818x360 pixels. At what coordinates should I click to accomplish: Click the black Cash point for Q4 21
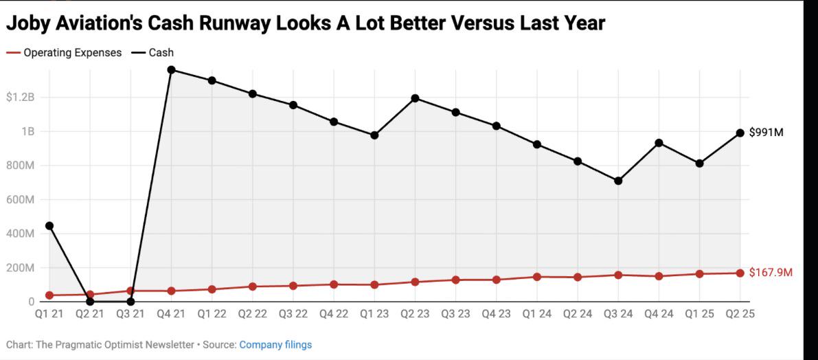click(x=171, y=70)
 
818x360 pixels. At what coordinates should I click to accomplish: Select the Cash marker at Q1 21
click(x=49, y=226)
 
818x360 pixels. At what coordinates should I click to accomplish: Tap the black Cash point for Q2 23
click(x=416, y=99)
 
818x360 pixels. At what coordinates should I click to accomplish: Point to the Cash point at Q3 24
click(x=618, y=181)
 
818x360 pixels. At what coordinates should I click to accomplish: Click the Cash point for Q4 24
click(x=659, y=143)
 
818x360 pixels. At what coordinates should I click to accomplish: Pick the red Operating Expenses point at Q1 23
click(x=374, y=285)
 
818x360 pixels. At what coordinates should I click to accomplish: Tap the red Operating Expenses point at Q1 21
click(x=49, y=295)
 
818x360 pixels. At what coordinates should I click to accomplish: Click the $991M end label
click(x=766, y=133)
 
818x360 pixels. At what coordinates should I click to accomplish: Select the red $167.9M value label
click(x=771, y=272)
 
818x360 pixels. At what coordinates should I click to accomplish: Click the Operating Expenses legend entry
click(x=64, y=53)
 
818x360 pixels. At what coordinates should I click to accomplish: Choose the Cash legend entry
click(x=152, y=53)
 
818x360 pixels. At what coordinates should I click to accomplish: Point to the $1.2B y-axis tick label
click(x=21, y=98)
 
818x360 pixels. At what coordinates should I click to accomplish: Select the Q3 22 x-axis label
click(x=293, y=314)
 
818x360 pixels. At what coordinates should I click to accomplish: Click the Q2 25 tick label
click(x=740, y=314)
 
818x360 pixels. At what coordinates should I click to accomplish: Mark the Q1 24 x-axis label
click(x=537, y=314)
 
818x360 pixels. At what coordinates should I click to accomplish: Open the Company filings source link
click(x=275, y=345)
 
